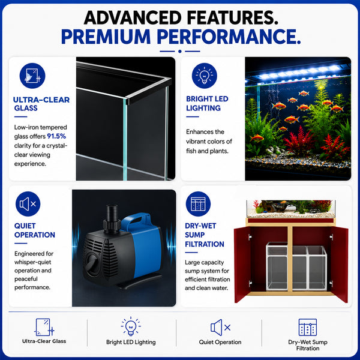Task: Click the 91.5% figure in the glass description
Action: (56, 136)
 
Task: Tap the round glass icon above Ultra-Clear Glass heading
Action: (32, 76)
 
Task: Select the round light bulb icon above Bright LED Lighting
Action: (205, 76)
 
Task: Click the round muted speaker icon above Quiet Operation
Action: (28, 204)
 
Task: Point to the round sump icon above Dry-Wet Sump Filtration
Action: (198, 204)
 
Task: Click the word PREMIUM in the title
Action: (106, 37)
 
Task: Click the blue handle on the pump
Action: (136, 221)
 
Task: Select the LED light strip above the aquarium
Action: (298, 72)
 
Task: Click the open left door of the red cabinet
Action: (242, 265)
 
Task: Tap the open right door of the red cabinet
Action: (340, 265)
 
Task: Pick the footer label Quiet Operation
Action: (220, 342)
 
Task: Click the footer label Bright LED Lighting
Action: (131, 342)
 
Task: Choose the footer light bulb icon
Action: (131, 326)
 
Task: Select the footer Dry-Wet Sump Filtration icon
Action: (308, 327)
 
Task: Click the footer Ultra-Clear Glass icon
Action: (44, 327)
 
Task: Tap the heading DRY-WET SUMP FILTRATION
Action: (205, 235)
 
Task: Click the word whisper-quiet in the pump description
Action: (32, 262)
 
